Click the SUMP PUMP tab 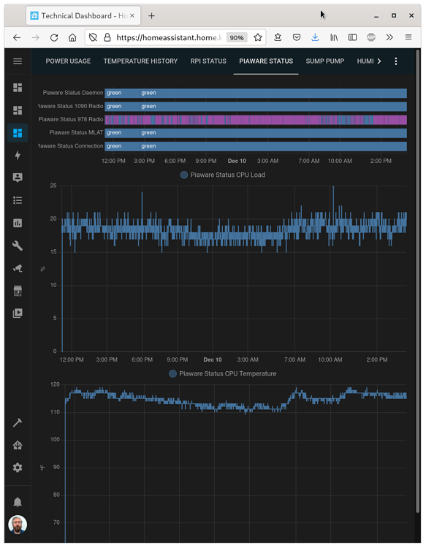pyautogui.click(x=324, y=61)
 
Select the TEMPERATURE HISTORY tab pyautogui.click(x=140, y=61)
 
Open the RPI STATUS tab pyautogui.click(x=208, y=61)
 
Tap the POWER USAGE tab pyautogui.click(x=68, y=61)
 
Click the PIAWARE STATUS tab pyautogui.click(x=266, y=61)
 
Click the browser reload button pyautogui.click(x=54, y=38)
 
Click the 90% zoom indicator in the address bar pyautogui.click(x=237, y=38)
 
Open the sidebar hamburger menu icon pyautogui.click(x=18, y=61)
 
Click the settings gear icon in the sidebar pyautogui.click(x=18, y=468)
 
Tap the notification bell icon pyautogui.click(x=18, y=502)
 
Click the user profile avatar pyautogui.click(x=18, y=525)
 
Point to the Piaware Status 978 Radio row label pyautogui.click(x=71, y=119)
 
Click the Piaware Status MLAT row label pyautogui.click(x=76, y=132)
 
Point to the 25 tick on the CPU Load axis pyautogui.click(x=53, y=186)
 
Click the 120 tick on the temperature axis pyautogui.click(x=55, y=384)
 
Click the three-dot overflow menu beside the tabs pyautogui.click(x=396, y=61)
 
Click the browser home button pyautogui.click(x=72, y=38)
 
